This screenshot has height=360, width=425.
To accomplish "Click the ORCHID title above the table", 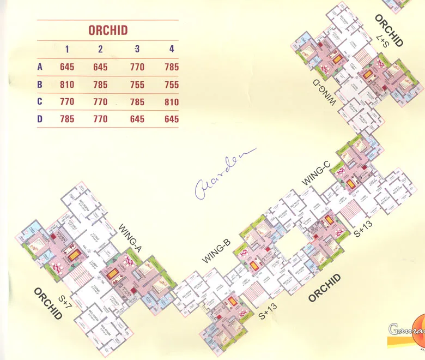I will point(108,30).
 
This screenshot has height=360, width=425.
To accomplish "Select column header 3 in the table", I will point(137,49).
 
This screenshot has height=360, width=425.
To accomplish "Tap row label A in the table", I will point(40,67).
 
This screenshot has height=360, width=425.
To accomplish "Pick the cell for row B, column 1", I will point(67,85).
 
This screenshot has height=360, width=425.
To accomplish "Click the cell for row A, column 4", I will point(172,67).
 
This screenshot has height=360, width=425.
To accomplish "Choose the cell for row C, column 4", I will point(172,102).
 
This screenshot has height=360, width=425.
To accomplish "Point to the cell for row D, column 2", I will point(100,119).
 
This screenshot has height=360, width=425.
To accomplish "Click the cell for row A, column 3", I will point(137,67).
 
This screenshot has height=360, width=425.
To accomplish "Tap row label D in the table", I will point(40,119).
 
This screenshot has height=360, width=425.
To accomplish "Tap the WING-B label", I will point(217,251).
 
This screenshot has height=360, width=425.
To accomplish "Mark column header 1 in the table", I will point(67,49).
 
